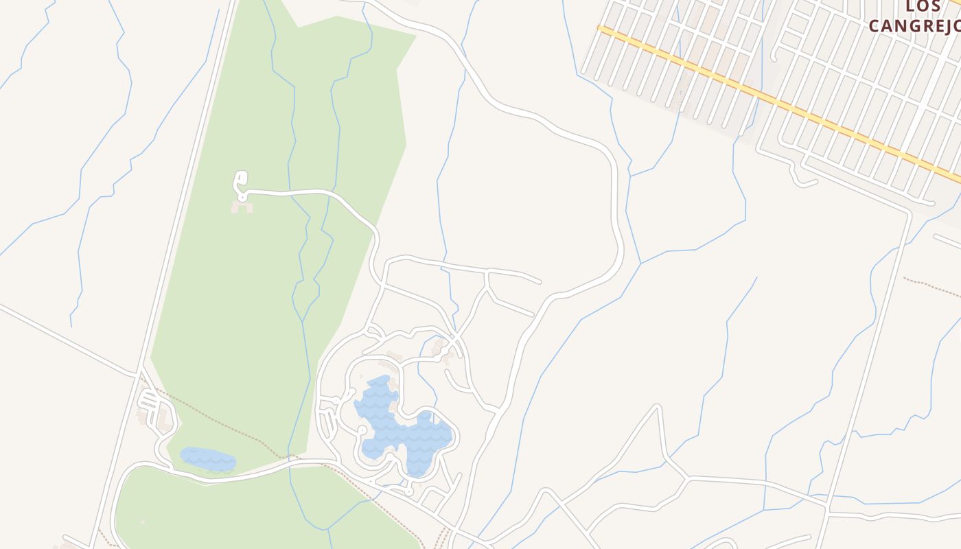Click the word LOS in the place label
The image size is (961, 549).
tap(922, 7)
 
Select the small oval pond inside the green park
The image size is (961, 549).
tap(207, 459)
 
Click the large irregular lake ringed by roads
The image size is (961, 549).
tap(405, 432)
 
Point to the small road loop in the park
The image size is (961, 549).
tap(240, 181)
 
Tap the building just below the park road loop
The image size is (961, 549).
tap(242, 206)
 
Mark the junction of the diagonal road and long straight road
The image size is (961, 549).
tap(139, 374)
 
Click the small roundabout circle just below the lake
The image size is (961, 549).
tap(409, 491)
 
